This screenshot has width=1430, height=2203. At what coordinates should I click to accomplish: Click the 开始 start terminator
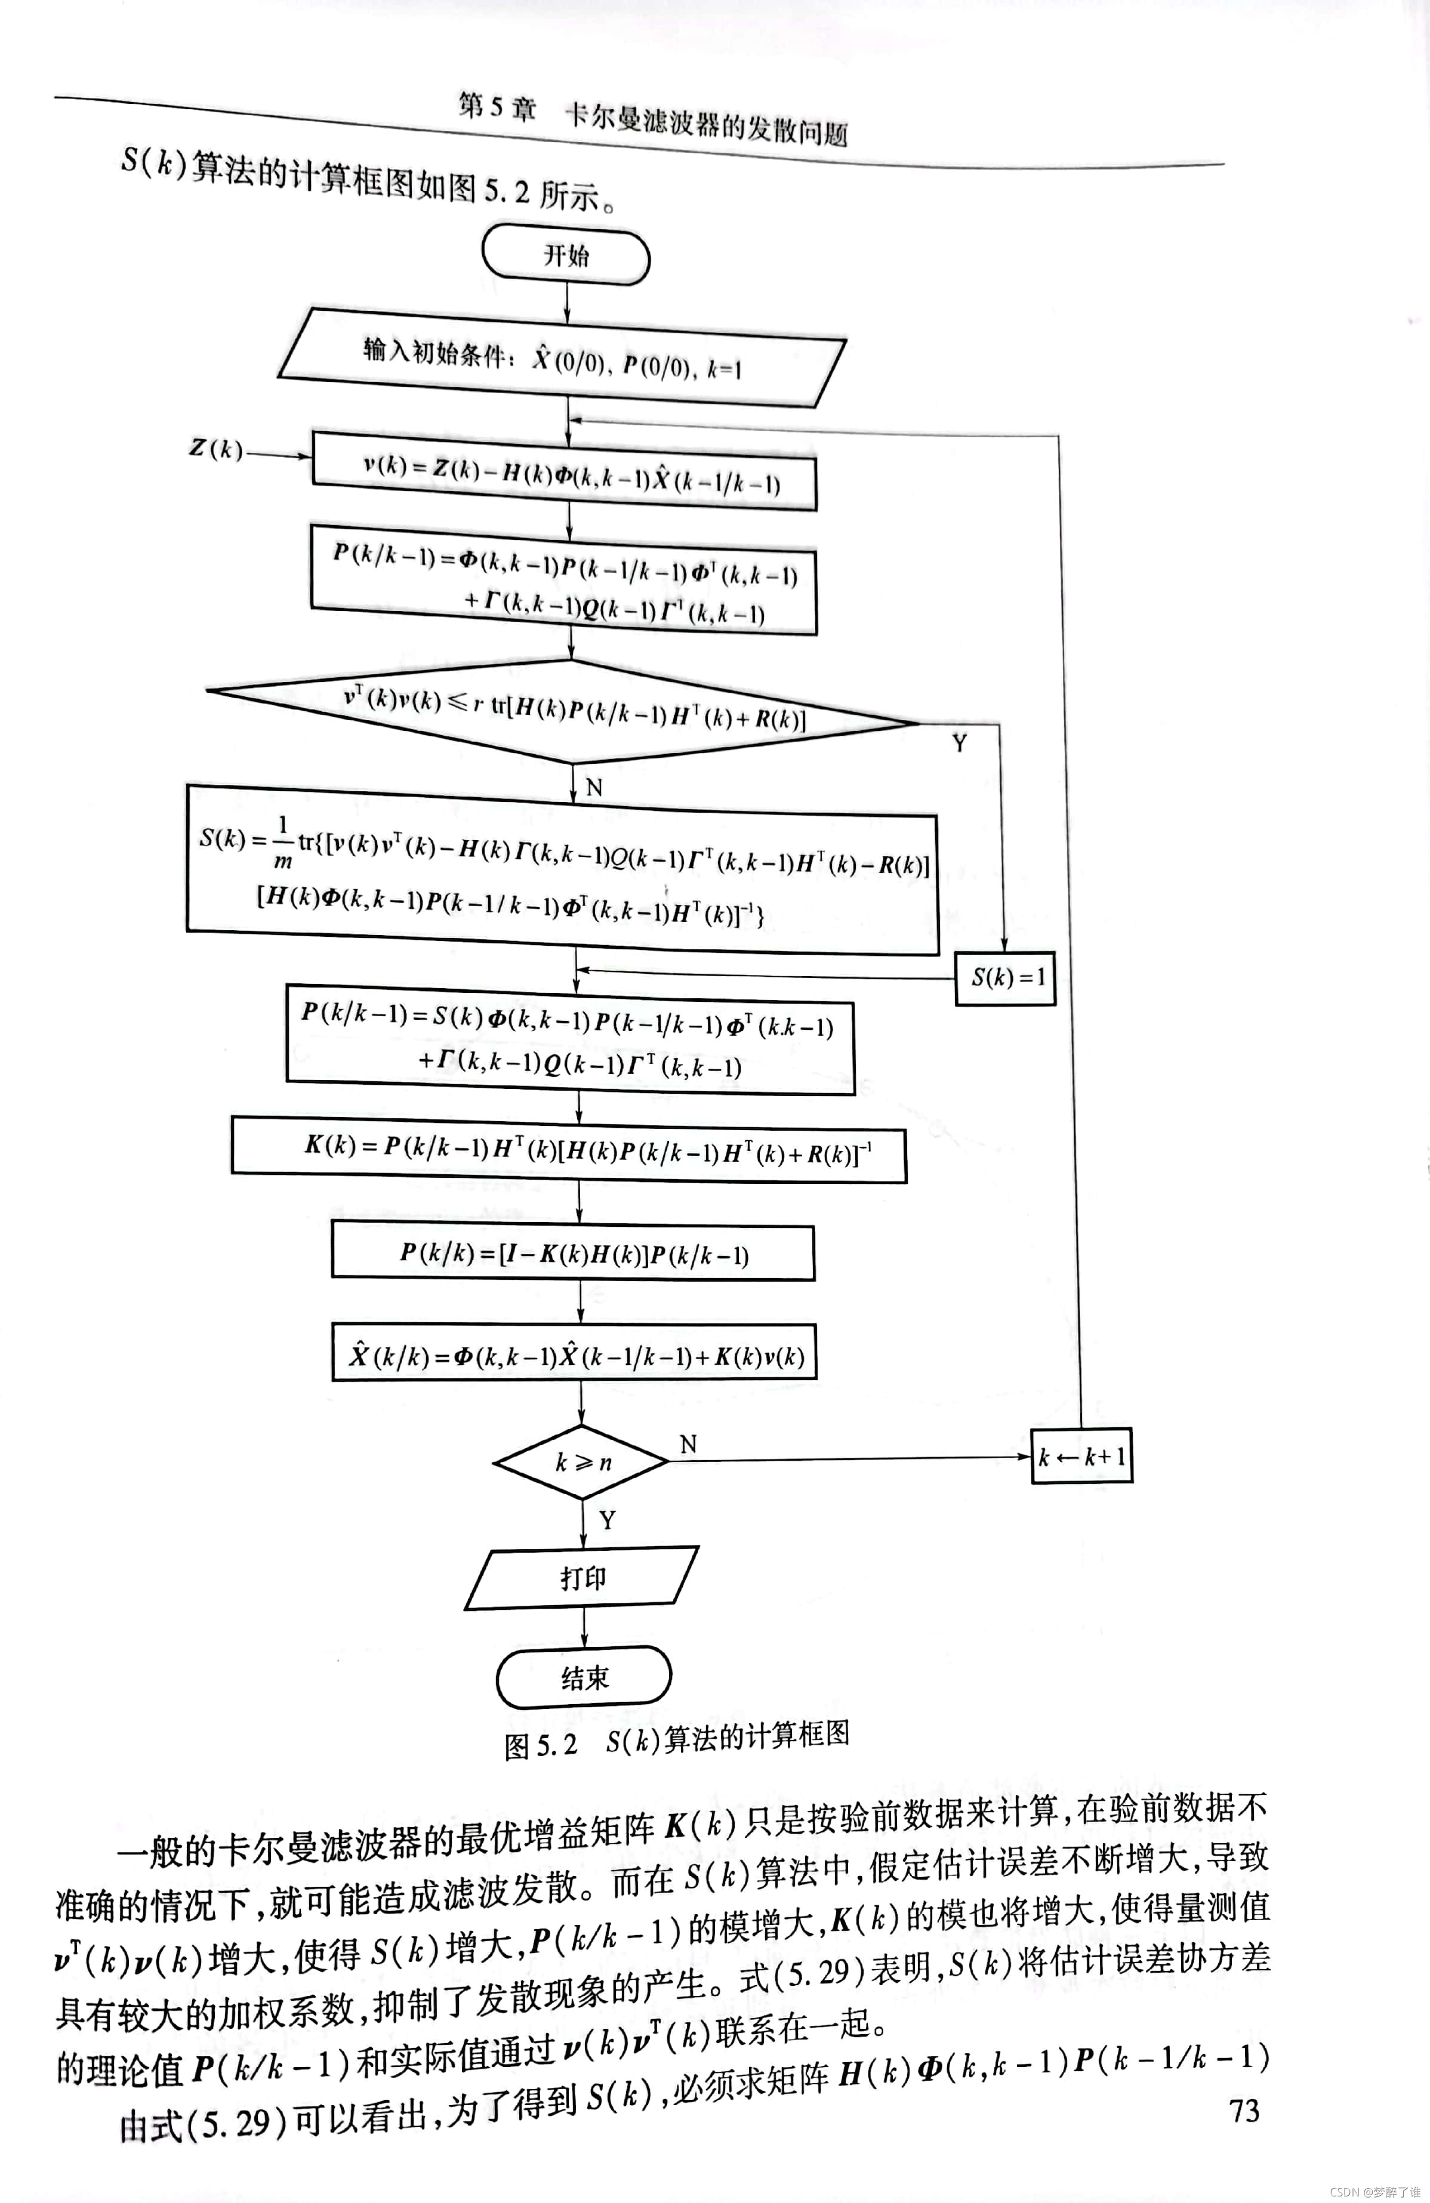coord(566,255)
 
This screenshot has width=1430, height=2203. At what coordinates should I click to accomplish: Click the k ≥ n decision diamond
coord(582,1461)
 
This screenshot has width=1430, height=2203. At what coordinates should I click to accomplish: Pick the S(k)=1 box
coord(1006,977)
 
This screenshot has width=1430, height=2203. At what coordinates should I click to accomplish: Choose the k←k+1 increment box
coord(1081,1457)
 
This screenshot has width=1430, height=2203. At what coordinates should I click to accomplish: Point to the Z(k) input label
coord(215,450)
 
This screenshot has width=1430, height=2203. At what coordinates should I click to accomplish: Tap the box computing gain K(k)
coord(569,1150)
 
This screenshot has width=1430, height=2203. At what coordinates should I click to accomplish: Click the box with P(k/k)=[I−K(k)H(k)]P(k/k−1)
coord(574,1254)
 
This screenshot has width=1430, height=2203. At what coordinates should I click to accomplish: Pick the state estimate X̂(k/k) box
coord(575,1356)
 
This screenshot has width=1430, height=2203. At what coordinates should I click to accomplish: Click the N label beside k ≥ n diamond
coord(688,1444)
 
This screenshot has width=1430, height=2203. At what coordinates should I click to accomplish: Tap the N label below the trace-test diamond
coord(594,787)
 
